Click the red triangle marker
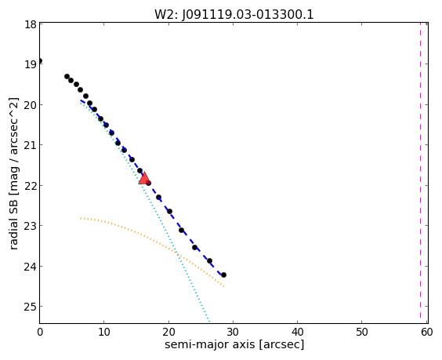coord(144,178)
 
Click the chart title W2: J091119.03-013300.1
coord(234,14)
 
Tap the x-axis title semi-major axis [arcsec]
coord(234,344)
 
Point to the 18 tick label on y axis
coord(30,24)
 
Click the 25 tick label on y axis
coord(30,307)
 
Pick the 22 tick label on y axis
coord(30,186)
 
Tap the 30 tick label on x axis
coord(233,332)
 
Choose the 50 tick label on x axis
coord(361,332)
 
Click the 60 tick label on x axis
coord(426,332)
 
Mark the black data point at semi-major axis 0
coord(40,60)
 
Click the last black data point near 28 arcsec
coord(223,275)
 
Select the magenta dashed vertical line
coord(420,173)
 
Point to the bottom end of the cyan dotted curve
coord(209,322)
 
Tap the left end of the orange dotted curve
coord(81,218)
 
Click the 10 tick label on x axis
coord(104,332)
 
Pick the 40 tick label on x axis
coord(297,332)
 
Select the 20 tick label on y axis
coord(30,105)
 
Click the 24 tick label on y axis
coord(30,267)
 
